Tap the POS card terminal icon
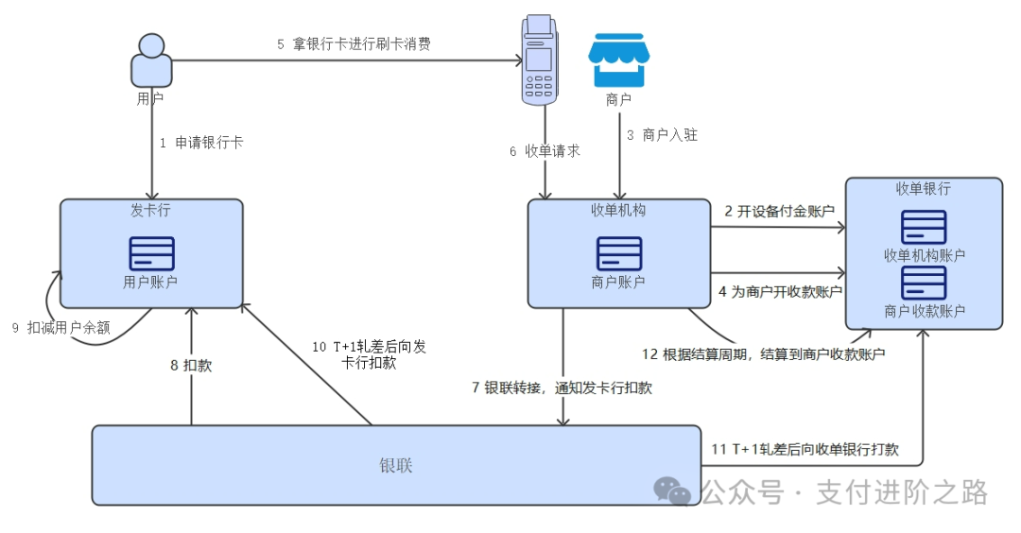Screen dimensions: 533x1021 [539, 59]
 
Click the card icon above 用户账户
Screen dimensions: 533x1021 [151, 253]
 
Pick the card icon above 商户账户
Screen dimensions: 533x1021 [619, 253]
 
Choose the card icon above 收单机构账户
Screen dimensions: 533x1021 [924, 227]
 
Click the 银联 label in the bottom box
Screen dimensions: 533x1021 [396, 466]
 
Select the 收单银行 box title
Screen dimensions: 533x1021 [924, 189]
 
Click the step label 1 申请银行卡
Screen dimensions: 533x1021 [201, 143]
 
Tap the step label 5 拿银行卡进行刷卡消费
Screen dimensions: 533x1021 [354, 43]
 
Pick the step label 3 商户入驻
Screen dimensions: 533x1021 [662, 135]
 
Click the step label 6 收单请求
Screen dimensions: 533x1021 [545, 151]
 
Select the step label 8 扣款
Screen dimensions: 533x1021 [191, 366]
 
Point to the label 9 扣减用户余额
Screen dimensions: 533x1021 [61, 328]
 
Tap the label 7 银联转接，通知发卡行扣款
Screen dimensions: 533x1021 [562, 387]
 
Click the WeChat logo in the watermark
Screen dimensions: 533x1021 [673, 490]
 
